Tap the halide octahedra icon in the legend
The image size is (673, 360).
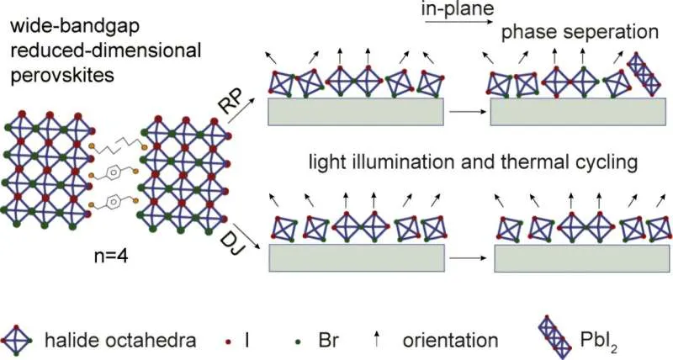point(18,341)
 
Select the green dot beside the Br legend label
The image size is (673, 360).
point(297,342)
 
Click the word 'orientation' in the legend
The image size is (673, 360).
point(450,341)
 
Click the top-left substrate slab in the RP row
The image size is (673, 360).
point(355,111)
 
